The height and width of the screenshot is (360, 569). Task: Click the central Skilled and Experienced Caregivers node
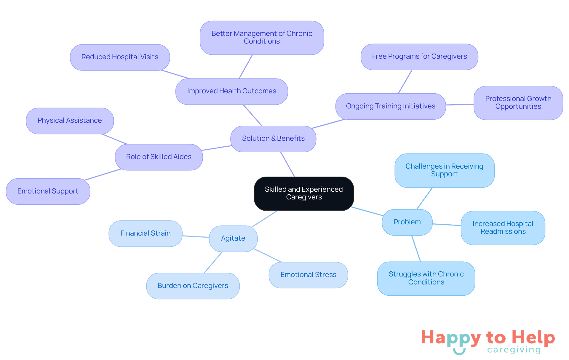[x=304, y=193]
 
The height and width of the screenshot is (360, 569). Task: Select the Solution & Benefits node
[x=273, y=139]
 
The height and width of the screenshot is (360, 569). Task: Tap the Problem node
[x=407, y=222]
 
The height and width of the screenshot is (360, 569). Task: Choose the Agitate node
[x=233, y=239]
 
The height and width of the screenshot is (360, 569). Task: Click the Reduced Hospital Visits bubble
[x=120, y=57]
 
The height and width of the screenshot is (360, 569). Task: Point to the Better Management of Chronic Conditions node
[x=262, y=38]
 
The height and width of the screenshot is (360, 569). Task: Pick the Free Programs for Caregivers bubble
[x=419, y=57]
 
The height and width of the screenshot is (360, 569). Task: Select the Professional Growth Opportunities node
[x=518, y=103]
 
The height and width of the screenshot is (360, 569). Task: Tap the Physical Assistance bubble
[x=70, y=121]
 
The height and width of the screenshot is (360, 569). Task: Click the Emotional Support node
[x=48, y=191]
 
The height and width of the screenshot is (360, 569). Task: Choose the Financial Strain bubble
[x=145, y=233]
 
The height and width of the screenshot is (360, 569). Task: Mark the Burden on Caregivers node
[x=193, y=286]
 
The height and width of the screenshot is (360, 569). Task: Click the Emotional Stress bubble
[x=308, y=275]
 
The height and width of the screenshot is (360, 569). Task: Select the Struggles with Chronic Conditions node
[x=426, y=278]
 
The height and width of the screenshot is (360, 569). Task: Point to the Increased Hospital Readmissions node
[x=503, y=228]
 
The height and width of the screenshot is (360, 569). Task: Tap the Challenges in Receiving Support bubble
[x=444, y=170]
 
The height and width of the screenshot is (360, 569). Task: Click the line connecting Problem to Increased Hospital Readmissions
[x=447, y=225]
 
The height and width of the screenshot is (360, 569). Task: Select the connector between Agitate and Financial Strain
[x=196, y=236]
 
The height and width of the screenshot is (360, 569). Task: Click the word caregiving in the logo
[x=514, y=350]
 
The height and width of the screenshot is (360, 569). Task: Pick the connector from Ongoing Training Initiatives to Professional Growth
[x=460, y=105]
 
